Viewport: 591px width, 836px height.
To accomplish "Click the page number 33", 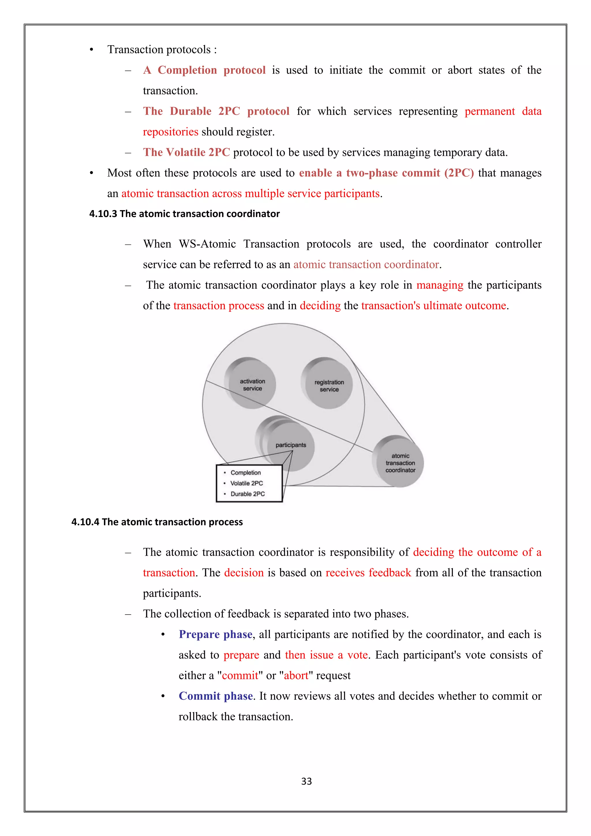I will tap(306, 781).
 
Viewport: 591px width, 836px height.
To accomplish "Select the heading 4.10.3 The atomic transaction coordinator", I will tap(184, 214).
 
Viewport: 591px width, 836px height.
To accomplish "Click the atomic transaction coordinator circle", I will tap(400, 463).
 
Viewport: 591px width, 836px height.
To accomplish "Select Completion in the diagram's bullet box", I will tap(246, 473).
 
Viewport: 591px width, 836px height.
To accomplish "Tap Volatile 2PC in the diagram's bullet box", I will tap(246, 483).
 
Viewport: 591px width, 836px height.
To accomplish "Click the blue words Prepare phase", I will tap(216, 634).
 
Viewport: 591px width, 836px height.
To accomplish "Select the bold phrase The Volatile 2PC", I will tap(186, 152).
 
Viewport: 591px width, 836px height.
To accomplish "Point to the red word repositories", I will tap(170, 132).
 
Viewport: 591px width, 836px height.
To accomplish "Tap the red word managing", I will tap(439, 285).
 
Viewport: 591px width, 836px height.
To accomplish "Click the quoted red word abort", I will tap(296, 675).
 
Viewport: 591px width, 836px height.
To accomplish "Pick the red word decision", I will tap(244, 573).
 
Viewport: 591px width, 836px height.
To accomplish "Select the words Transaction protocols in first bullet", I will tap(159, 50).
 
